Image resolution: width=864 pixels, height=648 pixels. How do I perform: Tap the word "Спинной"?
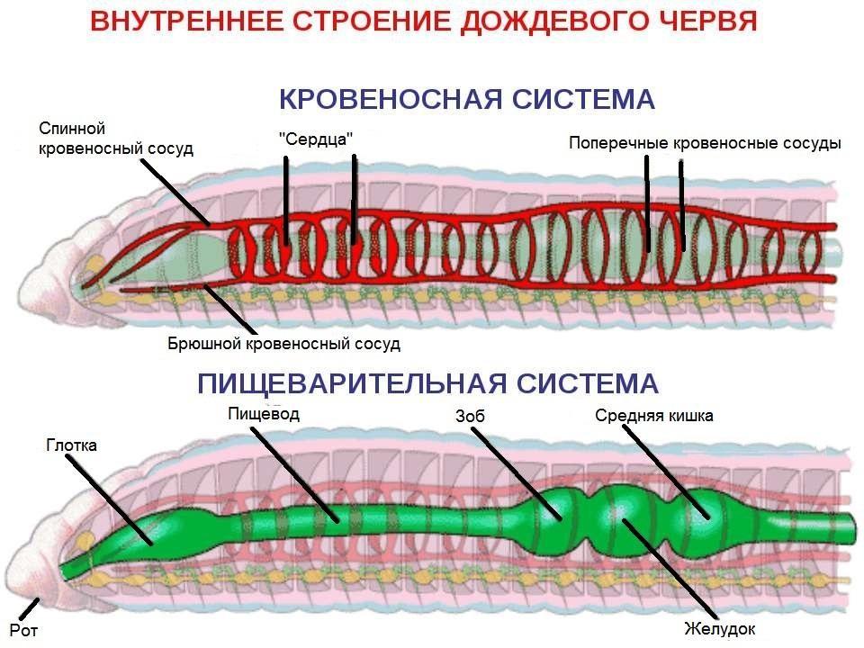pyautogui.click(x=72, y=129)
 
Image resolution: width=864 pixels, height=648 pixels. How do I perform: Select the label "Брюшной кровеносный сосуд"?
pyautogui.click(x=283, y=344)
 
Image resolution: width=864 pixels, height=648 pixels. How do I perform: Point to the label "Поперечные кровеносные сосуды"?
pyautogui.click(x=705, y=143)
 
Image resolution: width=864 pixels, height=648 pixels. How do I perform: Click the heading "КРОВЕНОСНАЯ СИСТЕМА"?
pyautogui.click(x=467, y=99)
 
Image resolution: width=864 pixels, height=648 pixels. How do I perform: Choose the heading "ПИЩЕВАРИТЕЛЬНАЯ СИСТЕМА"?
pyautogui.click(x=427, y=383)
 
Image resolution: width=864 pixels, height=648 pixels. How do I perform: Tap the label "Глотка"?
pyautogui.click(x=72, y=445)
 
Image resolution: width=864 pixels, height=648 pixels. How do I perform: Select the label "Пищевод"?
pyautogui.click(x=264, y=413)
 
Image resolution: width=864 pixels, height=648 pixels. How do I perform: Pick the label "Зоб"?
pyautogui.click(x=470, y=416)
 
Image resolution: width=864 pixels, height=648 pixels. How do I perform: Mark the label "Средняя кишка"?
pyautogui.click(x=654, y=416)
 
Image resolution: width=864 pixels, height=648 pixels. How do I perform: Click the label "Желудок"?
pyautogui.click(x=719, y=629)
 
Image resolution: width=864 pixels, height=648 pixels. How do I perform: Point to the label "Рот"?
pyautogui.click(x=23, y=630)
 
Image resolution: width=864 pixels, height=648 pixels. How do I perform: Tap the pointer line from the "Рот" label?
pyautogui.click(x=29, y=609)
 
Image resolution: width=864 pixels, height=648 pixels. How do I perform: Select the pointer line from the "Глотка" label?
pyautogui.click(x=109, y=501)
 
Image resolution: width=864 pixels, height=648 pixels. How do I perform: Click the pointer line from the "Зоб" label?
pyautogui.click(x=517, y=474)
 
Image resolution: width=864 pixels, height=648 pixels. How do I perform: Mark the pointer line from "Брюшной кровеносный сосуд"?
pyautogui.click(x=230, y=310)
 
